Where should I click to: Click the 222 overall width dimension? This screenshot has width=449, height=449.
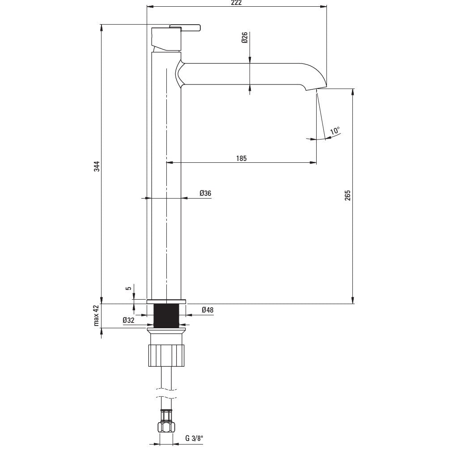(x=237, y=3)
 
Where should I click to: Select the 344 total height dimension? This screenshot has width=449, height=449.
(x=97, y=166)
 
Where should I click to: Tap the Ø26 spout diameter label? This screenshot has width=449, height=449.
(x=244, y=38)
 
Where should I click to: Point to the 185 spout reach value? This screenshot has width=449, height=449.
(x=241, y=158)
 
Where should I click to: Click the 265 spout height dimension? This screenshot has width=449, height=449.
(x=347, y=195)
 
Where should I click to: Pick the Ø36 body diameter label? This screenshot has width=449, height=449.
(x=205, y=193)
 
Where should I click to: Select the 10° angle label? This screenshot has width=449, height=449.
(x=335, y=131)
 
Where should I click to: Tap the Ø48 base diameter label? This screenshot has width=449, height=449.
(x=208, y=310)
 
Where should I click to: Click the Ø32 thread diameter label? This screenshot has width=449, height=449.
(x=128, y=320)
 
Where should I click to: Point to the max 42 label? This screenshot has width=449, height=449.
(x=96, y=315)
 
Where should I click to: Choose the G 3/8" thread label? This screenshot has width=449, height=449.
(x=194, y=438)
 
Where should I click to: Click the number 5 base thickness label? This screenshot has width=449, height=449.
(x=129, y=288)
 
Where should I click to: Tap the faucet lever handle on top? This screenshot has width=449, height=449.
(x=185, y=27)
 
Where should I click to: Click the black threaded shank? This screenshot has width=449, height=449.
(x=166, y=316)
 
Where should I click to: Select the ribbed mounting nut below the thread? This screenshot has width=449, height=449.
(x=166, y=355)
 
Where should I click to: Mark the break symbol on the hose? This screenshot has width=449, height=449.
(x=166, y=393)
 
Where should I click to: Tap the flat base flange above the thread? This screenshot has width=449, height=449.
(x=166, y=301)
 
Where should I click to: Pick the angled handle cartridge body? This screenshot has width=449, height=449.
(x=166, y=39)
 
